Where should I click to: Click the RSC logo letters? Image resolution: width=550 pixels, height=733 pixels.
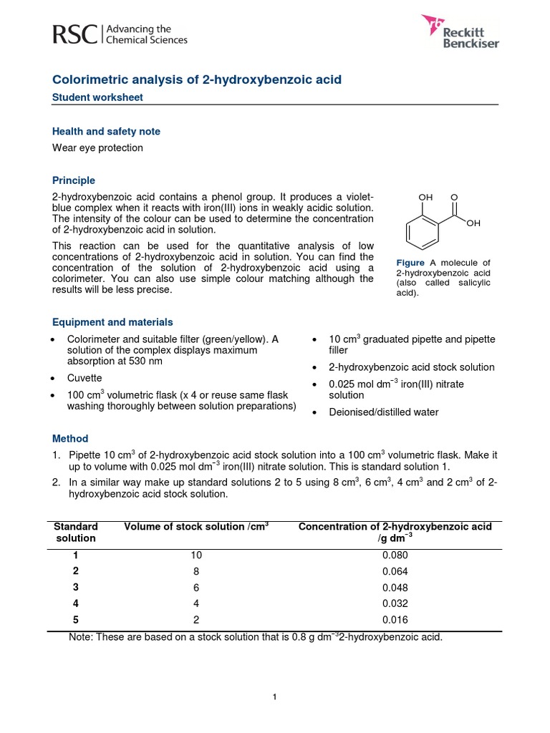coord(76,34)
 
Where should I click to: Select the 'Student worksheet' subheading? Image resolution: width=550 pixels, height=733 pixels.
coord(97,97)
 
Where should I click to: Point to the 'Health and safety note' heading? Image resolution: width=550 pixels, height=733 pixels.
coord(106,132)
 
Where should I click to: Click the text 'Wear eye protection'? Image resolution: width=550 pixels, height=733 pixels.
coord(97,147)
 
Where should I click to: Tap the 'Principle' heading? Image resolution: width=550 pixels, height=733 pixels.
coord(74,180)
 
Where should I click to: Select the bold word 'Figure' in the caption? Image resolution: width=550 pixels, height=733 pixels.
coord(410,263)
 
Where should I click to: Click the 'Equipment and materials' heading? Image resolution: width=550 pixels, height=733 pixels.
coord(112,322)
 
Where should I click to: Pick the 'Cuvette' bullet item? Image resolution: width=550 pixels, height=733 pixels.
coord(85,378)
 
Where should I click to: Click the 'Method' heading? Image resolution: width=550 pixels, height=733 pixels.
coord(70,438)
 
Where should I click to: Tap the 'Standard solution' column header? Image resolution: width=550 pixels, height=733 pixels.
coord(75,532)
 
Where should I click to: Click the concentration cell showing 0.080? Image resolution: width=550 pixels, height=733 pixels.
coord(395,555)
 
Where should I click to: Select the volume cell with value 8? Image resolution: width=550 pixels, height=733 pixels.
coord(196,571)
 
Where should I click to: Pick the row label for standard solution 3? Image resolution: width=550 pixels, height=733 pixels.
coord(75,587)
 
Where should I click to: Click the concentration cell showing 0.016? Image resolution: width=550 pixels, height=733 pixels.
coord(395,620)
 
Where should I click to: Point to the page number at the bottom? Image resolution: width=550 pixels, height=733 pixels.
coord(275,697)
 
